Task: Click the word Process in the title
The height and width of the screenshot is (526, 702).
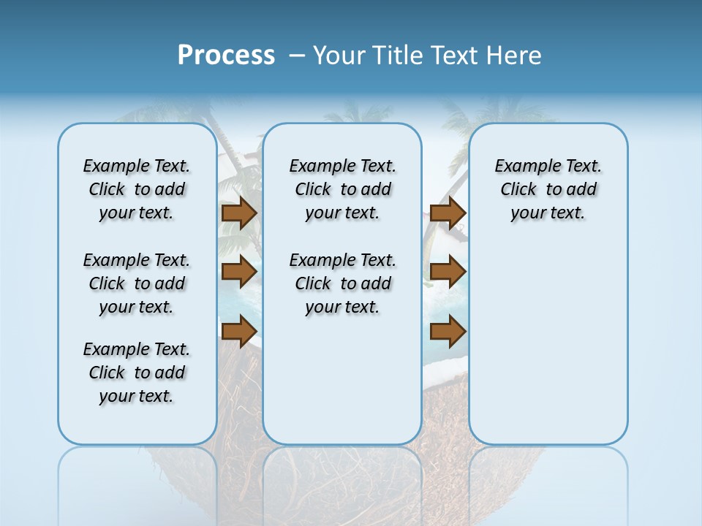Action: (226, 56)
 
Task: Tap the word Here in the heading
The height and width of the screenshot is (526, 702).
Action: (515, 56)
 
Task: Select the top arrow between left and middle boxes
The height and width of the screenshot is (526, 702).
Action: (238, 213)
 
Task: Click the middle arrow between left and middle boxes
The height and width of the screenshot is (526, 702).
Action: (238, 272)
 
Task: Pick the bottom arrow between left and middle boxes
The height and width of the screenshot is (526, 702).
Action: (238, 330)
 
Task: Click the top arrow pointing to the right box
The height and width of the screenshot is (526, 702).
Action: (448, 213)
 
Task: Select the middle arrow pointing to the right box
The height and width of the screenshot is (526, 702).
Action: (448, 272)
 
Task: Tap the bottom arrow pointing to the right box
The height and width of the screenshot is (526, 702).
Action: (448, 331)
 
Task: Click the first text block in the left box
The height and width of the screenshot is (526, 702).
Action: (137, 189)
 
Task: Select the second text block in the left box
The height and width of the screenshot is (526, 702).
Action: (137, 283)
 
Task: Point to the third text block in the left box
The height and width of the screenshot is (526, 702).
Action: (137, 373)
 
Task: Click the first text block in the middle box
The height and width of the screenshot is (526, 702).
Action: (342, 189)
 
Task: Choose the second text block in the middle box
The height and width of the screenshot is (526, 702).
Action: (342, 283)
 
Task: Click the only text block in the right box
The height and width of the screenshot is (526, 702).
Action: (548, 189)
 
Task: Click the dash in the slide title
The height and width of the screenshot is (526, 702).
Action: (297, 56)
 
